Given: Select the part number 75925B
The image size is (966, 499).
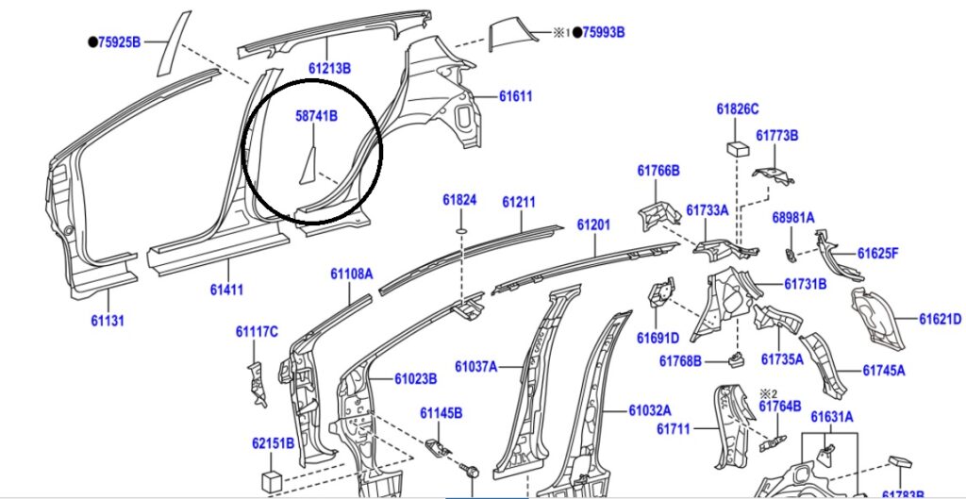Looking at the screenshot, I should (x=120, y=42).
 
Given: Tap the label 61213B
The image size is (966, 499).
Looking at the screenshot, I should (x=329, y=69).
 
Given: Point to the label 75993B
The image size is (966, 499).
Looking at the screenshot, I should (x=604, y=32).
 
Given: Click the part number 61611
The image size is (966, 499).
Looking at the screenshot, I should (x=516, y=96).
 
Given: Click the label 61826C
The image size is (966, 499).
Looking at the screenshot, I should (x=738, y=108).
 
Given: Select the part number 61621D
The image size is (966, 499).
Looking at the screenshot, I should (x=941, y=319).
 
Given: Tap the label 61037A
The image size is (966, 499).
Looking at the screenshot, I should (x=475, y=366).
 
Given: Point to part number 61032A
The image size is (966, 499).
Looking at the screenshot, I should (x=650, y=410).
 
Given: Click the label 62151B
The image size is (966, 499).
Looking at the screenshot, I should (x=273, y=442).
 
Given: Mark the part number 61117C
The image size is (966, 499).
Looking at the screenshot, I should (x=257, y=331).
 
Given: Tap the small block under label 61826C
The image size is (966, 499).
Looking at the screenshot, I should (x=737, y=149).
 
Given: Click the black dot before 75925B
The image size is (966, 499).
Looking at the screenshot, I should (x=92, y=42).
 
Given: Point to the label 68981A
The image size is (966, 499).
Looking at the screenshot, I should (x=793, y=217).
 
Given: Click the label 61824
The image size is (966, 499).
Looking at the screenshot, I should (x=459, y=200).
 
